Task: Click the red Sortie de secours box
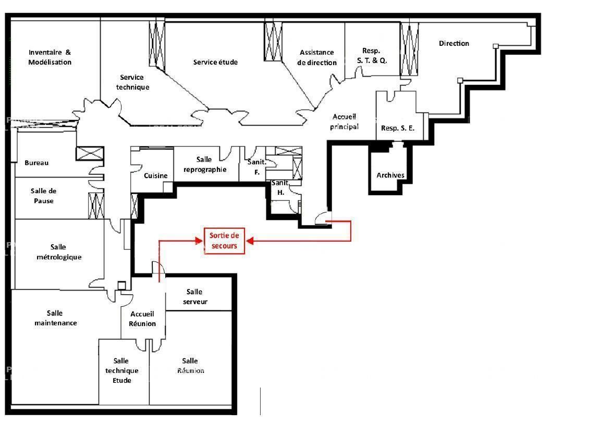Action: [224, 241]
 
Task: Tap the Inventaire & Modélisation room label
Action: [50, 57]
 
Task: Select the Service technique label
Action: [132, 82]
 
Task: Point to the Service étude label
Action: [215, 63]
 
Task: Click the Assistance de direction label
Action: [317, 57]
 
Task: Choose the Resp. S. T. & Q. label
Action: [371, 55]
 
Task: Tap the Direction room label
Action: [453, 44]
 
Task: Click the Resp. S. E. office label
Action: [397, 128]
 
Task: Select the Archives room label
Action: [390, 176]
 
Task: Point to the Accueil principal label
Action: [345, 121]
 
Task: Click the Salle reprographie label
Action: [204, 164]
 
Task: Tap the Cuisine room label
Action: [156, 176]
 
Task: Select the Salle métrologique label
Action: [58, 252]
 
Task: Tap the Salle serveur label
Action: [195, 297]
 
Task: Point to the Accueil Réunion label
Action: [143, 319]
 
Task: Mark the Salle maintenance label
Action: [55, 318]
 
